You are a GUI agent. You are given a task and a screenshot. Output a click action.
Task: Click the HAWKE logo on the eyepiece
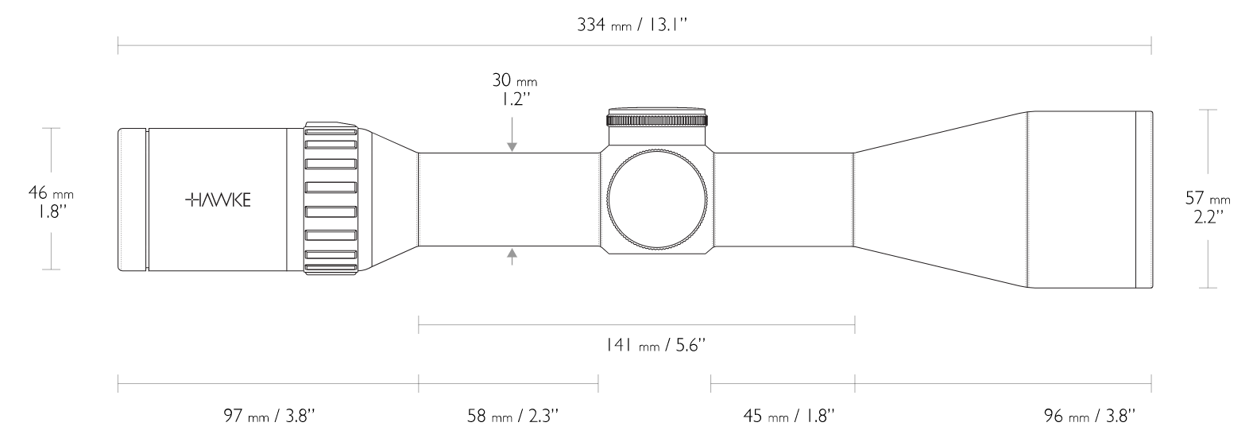(x=218, y=200)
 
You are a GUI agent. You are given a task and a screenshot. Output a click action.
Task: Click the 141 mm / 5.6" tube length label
(x=653, y=346)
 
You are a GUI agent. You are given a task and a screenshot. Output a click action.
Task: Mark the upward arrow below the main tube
(x=512, y=256)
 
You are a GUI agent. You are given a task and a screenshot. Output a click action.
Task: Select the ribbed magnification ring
(x=330, y=200)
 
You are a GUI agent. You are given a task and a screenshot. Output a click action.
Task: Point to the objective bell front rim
(x=1143, y=200)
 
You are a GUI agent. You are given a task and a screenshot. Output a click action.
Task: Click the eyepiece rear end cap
(x=133, y=200)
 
